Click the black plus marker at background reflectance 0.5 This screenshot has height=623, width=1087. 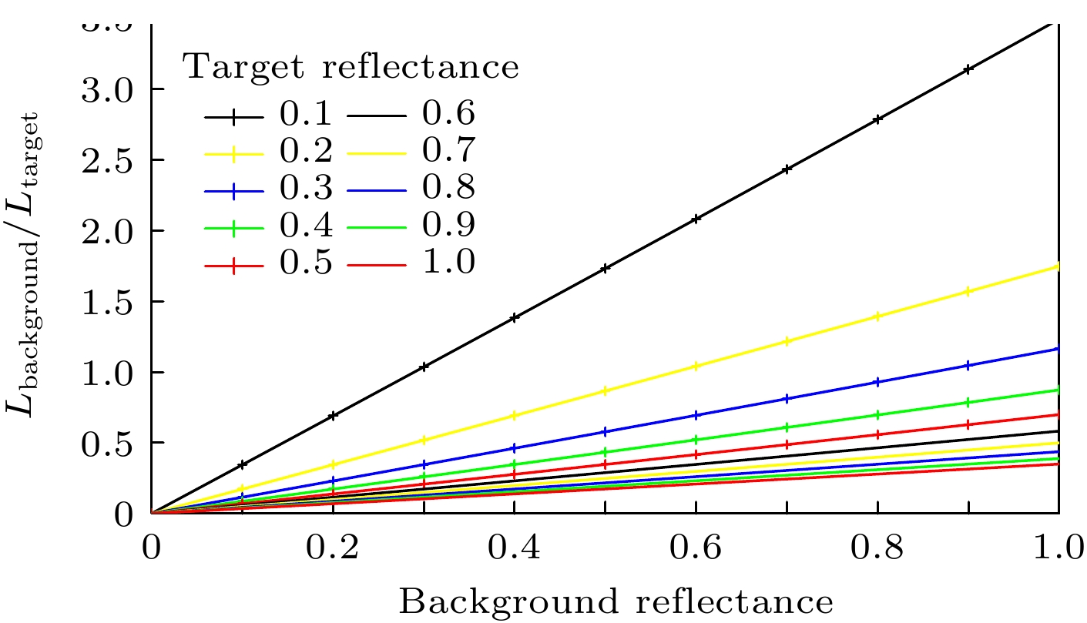[606, 269]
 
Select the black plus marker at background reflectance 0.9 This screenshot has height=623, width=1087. [968, 69]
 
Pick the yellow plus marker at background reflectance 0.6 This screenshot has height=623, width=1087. [696, 367]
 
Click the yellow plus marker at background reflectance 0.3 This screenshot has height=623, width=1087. [424, 440]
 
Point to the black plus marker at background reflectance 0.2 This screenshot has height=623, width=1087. [333, 416]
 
